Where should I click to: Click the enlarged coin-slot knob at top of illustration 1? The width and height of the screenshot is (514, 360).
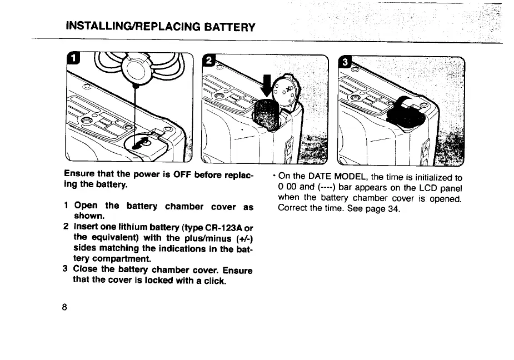(134, 68)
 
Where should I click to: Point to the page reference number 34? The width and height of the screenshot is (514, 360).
(393, 209)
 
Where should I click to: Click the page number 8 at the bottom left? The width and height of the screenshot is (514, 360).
(65, 307)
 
